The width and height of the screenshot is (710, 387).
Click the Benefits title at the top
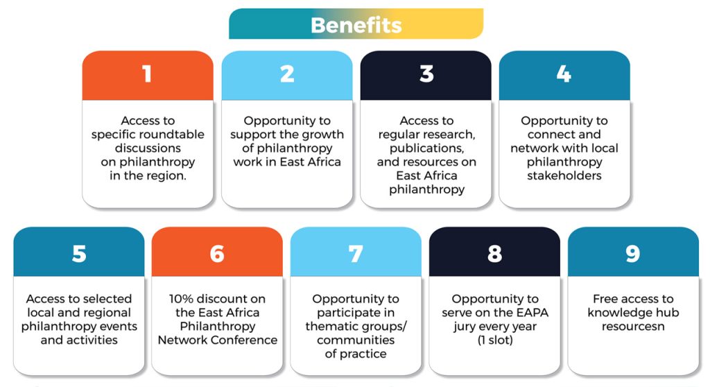click(x=356, y=25)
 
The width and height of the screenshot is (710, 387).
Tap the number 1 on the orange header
click(x=147, y=74)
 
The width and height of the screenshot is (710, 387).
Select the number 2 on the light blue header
click(x=287, y=74)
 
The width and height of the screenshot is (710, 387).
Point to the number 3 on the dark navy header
click(x=426, y=74)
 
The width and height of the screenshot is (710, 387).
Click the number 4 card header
click(x=564, y=75)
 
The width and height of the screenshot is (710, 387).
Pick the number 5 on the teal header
click(x=79, y=254)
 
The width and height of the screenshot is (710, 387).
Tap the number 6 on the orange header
click(x=217, y=254)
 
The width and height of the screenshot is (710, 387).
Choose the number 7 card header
click(x=356, y=252)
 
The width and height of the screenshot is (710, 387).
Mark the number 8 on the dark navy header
click(x=494, y=254)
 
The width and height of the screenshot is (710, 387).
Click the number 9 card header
click(x=633, y=252)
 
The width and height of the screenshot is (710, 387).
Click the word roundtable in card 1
click(x=173, y=135)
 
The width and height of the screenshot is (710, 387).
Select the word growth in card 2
click(x=323, y=135)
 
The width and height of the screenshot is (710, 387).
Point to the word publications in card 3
click(x=426, y=148)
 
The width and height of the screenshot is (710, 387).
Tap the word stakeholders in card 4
click(x=564, y=176)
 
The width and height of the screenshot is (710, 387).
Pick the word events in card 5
click(x=118, y=326)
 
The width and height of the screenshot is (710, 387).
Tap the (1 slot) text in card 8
click(x=495, y=341)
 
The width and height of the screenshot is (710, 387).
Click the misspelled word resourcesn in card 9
click(x=633, y=326)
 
